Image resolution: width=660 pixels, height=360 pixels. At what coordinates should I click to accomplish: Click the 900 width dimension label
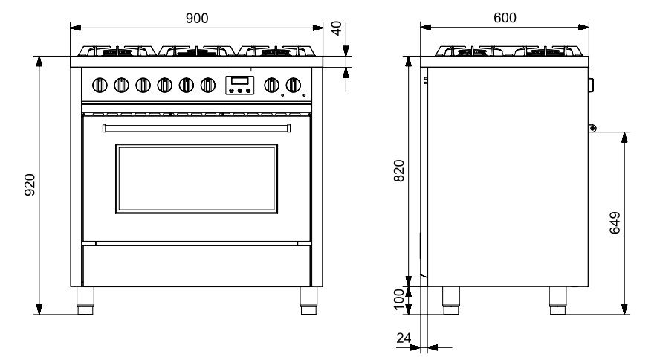pyautogui.click(x=197, y=18)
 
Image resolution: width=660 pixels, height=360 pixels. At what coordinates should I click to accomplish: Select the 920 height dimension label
pyautogui.click(x=30, y=184)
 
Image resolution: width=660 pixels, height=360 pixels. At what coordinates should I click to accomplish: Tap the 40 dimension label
pyautogui.click(x=336, y=28)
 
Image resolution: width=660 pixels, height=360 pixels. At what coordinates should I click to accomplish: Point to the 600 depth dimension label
pyautogui.click(x=505, y=18)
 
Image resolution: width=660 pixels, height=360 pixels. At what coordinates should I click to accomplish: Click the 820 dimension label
pyautogui.click(x=398, y=170)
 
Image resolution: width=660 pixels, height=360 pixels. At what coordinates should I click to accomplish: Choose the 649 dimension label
pyautogui.click(x=615, y=222)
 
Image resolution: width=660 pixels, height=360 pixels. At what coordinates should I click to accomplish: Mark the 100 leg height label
pyautogui.click(x=398, y=299)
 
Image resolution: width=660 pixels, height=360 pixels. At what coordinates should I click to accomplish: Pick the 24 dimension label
pyautogui.click(x=404, y=338)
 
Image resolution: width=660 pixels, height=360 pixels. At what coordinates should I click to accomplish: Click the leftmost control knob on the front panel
pyautogui.click(x=100, y=85)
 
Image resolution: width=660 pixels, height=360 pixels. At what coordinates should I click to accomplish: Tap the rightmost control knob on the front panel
pyautogui.click(x=294, y=85)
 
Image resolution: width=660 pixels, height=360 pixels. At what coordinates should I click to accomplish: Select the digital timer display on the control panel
pyautogui.click(x=240, y=80)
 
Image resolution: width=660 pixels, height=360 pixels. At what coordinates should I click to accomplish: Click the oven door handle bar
pyautogui.click(x=196, y=128)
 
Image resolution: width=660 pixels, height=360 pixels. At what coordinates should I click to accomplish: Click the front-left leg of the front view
pyautogui.click(x=85, y=300)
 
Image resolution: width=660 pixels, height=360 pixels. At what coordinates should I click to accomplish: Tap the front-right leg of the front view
pyautogui.click(x=308, y=300)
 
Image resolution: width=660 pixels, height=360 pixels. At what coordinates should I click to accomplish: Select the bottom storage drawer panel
pyautogui.click(x=196, y=266)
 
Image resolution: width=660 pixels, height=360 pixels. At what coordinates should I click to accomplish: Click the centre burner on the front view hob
pyautogui.click(x=196, y=51)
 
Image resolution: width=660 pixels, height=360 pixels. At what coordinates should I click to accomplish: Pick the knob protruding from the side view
pyautogui.click(x=591, y=85)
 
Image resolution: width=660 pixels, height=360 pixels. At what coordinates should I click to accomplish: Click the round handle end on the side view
pyautogui.click(x=592, y=128)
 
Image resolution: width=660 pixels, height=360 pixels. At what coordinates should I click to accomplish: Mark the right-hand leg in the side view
pyautogui.click(x=557, y=300)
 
